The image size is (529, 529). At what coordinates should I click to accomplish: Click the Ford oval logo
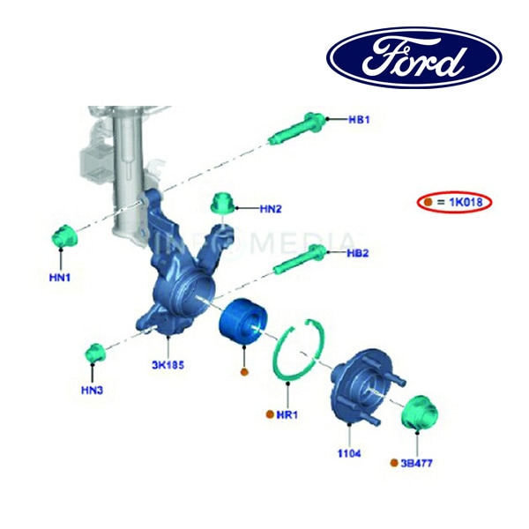pos(414,57)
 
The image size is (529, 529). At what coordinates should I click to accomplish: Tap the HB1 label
pos(359,120)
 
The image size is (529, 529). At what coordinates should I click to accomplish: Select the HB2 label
pos(358,253)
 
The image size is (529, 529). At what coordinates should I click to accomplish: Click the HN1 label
pos(60,278)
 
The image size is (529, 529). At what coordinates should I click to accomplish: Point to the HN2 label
pos(271,209)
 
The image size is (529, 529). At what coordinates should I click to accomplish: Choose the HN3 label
pos(92,391)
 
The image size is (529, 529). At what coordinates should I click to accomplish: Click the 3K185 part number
pos(168,365)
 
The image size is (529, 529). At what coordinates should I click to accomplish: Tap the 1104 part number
pos(349,454)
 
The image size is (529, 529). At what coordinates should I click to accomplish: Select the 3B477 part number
pos(417,463)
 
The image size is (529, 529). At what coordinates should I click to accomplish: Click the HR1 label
pos(287,414)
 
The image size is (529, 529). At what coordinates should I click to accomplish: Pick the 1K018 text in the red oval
pos(466,202)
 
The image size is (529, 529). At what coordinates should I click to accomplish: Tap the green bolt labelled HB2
pos(300,259)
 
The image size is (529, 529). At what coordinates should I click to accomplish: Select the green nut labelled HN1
pos(64,235)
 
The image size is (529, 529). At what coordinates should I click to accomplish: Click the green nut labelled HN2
pos(223,204)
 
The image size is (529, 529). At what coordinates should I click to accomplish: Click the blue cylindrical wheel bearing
pos(243,322)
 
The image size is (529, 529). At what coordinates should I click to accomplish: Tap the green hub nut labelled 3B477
pos(420,412)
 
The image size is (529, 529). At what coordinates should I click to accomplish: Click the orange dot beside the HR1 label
pos(270,414)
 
